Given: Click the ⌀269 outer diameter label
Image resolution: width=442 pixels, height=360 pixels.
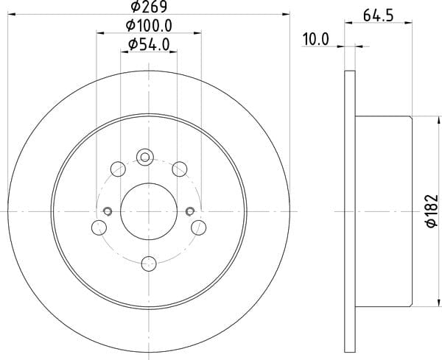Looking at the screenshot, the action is pos(149,6).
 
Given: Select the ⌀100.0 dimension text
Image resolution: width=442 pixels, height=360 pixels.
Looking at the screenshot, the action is pos(149,26).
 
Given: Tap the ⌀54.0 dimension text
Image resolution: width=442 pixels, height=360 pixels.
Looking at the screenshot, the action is pos(149,44).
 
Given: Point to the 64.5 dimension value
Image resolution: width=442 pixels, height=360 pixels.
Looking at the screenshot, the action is pos(378,15).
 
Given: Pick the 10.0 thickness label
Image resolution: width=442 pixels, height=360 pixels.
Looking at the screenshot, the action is pos(316,40).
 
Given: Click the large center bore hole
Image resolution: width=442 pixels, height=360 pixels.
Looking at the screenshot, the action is pos(149,211).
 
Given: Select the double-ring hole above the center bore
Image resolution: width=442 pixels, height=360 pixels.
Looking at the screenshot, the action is pos(145,158).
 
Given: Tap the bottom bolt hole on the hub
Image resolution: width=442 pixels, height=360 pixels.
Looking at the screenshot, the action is pos(149,264).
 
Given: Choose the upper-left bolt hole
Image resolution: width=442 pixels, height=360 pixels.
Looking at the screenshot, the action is pos(118,169).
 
